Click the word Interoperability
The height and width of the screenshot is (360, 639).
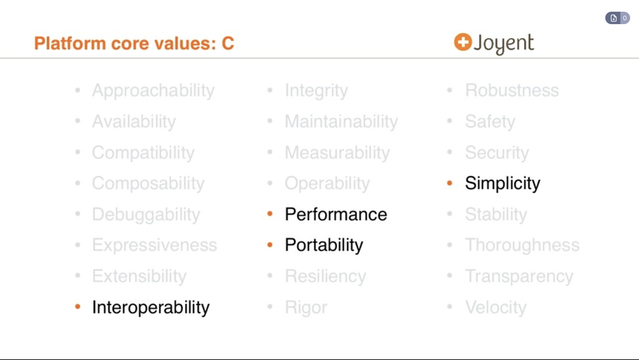coord(151,307)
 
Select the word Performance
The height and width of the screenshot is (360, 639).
coord(335,215)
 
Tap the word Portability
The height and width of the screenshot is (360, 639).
coord(323,245)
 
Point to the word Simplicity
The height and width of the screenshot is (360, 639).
coord(502,184)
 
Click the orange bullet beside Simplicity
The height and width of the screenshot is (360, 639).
coord(450,184)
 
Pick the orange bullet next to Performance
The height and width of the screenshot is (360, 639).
coord(270,215)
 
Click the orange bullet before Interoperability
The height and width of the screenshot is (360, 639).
coord(77,307)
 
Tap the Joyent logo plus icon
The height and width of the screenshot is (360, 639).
coord(462,42)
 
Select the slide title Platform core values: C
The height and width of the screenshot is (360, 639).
coord(134,43)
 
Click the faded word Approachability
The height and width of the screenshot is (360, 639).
coord(153,91)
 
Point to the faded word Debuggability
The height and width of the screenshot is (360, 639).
coord(146,215)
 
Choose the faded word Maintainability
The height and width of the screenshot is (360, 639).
coord(341,122)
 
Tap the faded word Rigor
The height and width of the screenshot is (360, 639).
coord(306,307)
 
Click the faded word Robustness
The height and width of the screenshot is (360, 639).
coord(512,91)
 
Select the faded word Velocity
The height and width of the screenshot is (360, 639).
coord(495,307)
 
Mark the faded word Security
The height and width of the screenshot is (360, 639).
coord(497,152)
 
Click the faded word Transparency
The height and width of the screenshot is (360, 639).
coord(519,276)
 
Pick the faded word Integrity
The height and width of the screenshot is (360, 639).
coord(316,91)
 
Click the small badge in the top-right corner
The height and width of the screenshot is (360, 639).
coord(617,18)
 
